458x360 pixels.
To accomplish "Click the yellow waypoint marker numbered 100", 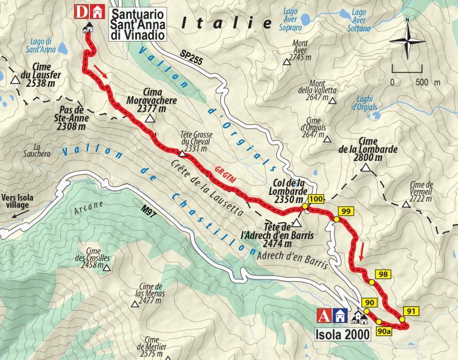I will pyautogui.click(x=315, y=200).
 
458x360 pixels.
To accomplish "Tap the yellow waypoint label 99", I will pyautogui.click(x=345, y=211).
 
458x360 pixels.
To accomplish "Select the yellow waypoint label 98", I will pyautogui.click(x=382, y=274).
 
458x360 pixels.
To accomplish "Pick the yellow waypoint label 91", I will pyautogui.click(x=411, y=311).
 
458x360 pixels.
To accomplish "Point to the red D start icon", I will pyautogui.click(x=82, y=12).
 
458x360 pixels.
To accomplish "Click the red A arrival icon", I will pyautogui.click(x=325, y=316).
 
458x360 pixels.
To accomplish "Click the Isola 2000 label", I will pyautogui.click(x=341, y=334).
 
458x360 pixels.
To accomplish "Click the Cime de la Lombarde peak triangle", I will pyautogui.click(x=365, y=168).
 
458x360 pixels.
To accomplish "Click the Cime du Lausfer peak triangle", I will pyautogui.click(x=13, y=79).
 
